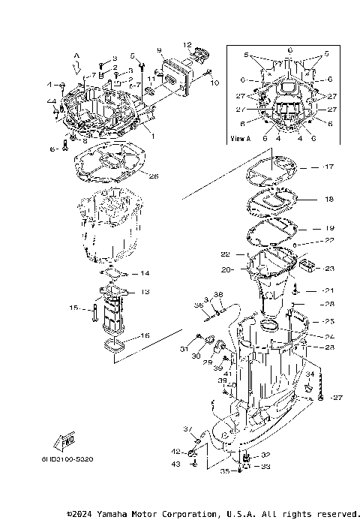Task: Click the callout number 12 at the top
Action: (x=187, y=45)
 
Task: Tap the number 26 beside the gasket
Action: (x=154, y=177)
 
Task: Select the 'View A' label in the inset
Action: (x=241, y=139)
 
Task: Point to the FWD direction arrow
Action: (x=65, y=438)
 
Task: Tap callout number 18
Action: (x=329, y=200)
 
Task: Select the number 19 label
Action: (x=329, y=227)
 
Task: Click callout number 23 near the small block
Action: (x=328, y=268)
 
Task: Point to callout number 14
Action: (x=145, y=273)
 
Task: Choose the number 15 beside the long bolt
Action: (x=74, y=308)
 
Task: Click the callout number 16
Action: (x=145, y=336)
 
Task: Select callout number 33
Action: (x=265, y=466)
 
